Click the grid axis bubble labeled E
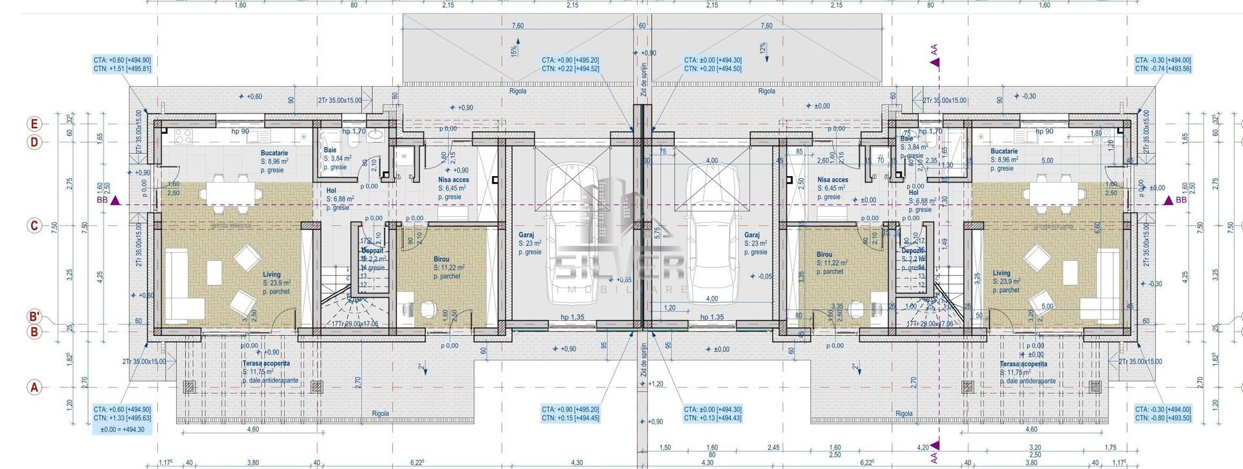[x=35, y=124]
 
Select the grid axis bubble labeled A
[x=35, y=387]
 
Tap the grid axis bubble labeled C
[x=35, y=226]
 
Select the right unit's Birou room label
[x=824, y=255]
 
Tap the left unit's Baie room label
[x=330, y=150]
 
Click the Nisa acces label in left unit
[x=453, y=180]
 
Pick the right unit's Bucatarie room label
[x=1003, y=152]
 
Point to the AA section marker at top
[x=934, y=62]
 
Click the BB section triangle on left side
[x=115, y=201]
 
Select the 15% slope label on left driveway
[x=514, y=50]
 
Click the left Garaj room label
[x=526, y=236]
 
